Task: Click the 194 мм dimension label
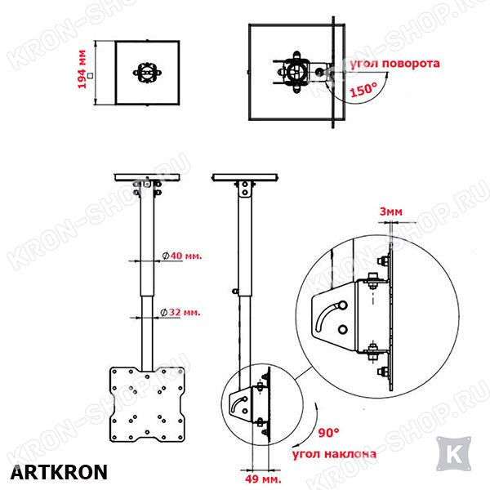(82, 69)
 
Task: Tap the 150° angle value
(363, 90)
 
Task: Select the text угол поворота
(394, 64)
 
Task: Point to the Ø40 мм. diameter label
(182, 256)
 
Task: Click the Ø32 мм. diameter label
(180, 312)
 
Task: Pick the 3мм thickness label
(390, 212)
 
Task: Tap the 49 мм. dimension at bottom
(263, 479)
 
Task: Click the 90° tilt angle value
(328, 433)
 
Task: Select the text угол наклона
(334, 454)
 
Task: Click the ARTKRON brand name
(59, 472)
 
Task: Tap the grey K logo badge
(453, 454)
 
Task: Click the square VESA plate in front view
(147, 404)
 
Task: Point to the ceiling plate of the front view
(147, 177)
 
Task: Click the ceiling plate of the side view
(245, 177)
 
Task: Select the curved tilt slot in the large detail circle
(327, 316)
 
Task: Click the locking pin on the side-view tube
(235, 292)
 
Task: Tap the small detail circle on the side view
(262, 405)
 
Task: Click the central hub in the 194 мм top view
(147, 73)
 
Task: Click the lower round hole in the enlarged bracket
(343, 329)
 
